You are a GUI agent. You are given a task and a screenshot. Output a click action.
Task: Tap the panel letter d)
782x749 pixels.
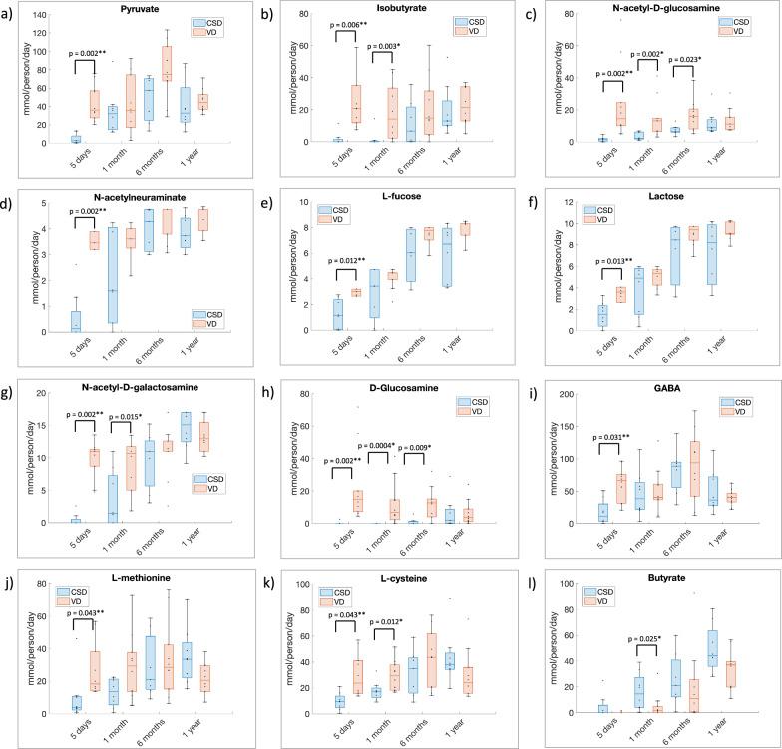(x=9, y=195)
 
